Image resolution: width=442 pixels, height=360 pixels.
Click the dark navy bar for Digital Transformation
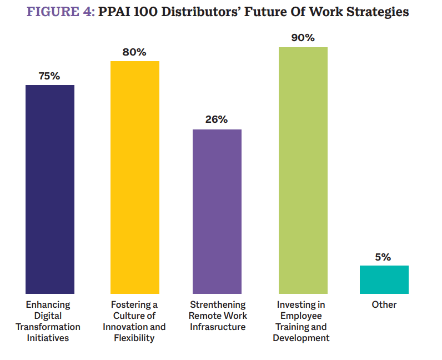tap(50, 189)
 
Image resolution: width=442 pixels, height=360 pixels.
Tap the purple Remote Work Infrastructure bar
tap(217, 211)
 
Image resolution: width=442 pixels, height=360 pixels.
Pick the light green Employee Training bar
tap(303, 170)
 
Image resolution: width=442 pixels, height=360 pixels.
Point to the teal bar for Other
tap(384, 279)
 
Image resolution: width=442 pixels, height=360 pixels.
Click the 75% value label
tap(49, 76)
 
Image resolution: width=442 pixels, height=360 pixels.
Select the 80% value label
tap(135, 52)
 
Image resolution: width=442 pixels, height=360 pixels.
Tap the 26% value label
tap(217, 120)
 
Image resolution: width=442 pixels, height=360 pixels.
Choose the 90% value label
tap(303, 38)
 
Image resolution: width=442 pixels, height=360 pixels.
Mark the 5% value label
tap(383, 257)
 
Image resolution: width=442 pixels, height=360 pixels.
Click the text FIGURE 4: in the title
tap(61, 12)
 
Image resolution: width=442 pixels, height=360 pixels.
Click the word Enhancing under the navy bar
tap(48, 304)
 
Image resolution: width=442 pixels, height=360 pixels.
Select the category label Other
tap(385, 304)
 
